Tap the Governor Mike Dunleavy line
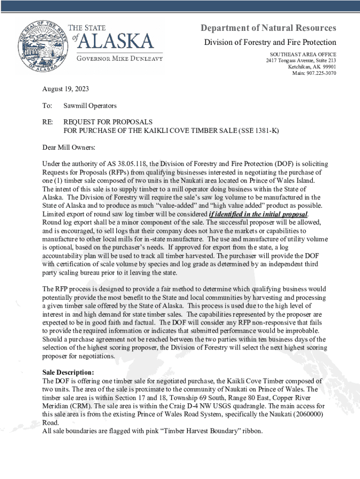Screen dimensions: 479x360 (x=119, y=58)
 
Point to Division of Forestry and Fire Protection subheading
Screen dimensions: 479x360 (x=270, y=43)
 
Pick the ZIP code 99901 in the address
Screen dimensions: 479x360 (x=327, y=67)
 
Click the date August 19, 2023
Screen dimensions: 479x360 (x=65, y=89)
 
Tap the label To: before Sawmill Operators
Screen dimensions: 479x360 (x=47, y=106)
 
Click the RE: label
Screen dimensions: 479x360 (x=47, y=122)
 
